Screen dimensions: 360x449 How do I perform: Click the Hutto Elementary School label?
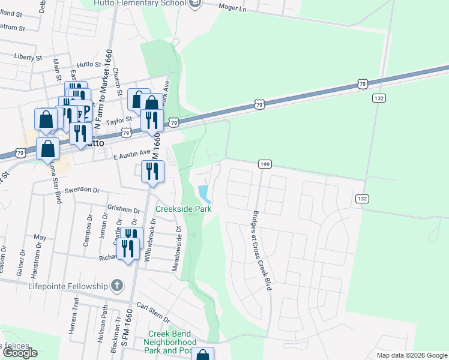pos(142,4)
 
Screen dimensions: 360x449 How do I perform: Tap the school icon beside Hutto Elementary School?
pos(194,4)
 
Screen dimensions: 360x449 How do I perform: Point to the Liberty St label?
pos(28,57)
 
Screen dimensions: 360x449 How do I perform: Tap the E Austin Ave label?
pos(131,155)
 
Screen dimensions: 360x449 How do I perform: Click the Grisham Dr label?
pos(123,209)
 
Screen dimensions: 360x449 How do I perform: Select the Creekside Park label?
pos(184,209)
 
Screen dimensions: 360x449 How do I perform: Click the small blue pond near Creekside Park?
pos(203,193)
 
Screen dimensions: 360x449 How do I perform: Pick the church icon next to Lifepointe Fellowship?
pos(117,285)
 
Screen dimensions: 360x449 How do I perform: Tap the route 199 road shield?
pos(265,164)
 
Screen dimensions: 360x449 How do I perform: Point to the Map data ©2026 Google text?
pos(411,355)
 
